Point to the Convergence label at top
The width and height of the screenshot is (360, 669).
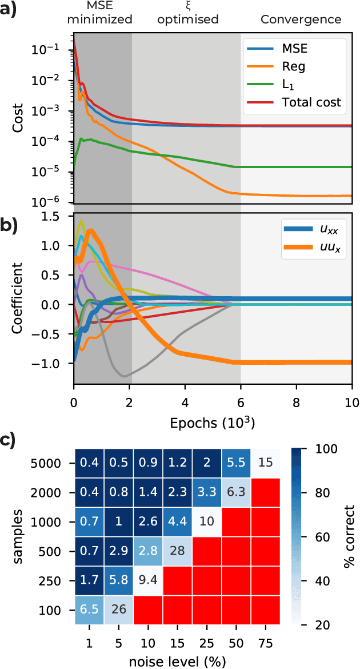coord(301,19)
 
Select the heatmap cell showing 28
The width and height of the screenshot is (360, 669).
coord(177,553)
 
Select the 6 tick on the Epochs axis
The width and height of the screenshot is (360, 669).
coord(241,402)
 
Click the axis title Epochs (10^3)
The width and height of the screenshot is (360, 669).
coord(212,423)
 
